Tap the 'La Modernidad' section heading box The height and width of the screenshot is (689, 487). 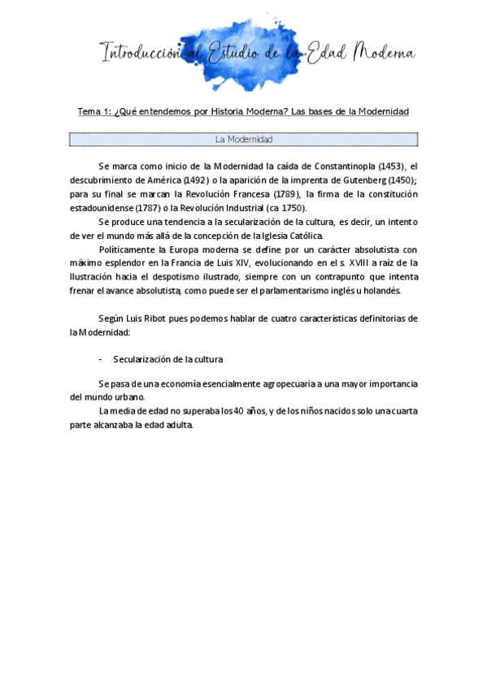(244, 140)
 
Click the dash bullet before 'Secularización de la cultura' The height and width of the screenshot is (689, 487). (100, 358)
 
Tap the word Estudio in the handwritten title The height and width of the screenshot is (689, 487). (236, 54)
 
